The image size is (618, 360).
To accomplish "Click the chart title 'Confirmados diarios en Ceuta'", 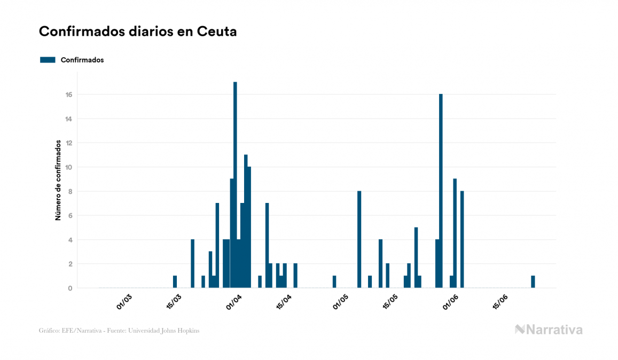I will [x=138, y=32].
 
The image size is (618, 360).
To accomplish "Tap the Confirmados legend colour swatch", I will [x=48, y=60].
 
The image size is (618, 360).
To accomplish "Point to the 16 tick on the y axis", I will [x=69, y=95].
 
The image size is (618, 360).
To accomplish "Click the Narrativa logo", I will [x=549, y=330].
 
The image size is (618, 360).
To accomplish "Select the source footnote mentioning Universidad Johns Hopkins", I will [x=119, y=331].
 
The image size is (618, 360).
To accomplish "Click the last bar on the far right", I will [x=533, y=281].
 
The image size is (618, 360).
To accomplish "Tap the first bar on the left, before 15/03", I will [x=175, y=281].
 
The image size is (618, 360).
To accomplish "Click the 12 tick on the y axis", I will [x=69, y=143].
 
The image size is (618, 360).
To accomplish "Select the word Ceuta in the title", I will [x=217, y=32].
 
